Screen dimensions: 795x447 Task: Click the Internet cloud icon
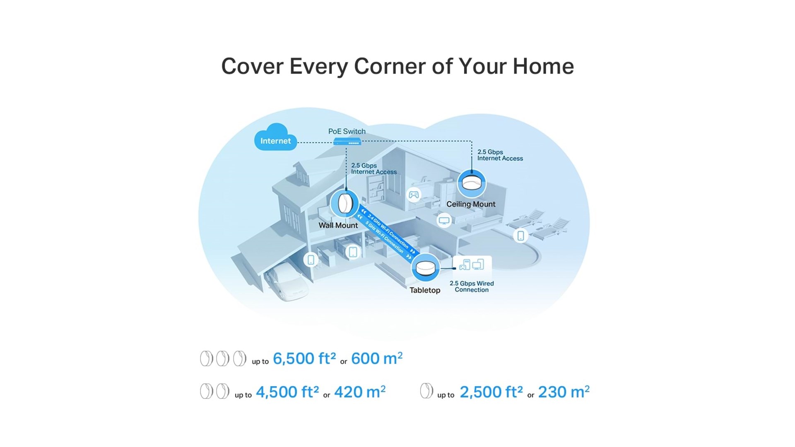point(275,137)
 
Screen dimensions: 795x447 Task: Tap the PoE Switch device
point(347,142)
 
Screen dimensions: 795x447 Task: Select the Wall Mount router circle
point(344,203)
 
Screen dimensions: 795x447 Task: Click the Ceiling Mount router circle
point(472,184)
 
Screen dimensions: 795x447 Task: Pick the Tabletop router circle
point(425,267)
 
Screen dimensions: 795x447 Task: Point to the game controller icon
point(414,194)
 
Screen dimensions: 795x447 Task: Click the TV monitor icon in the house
point(444,220)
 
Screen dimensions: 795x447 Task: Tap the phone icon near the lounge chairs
point(520,236)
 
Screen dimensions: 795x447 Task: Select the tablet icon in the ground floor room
point(353,252)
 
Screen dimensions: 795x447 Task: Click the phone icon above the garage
point(311,260)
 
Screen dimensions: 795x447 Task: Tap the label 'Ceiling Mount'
point(471,204)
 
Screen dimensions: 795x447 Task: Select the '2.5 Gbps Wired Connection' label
point(472,286)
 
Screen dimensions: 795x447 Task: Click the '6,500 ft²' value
point(304,358)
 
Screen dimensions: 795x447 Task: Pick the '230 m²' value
point(564,392)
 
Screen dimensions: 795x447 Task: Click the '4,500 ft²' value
point(287,392)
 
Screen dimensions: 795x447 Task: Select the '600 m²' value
point(377,358)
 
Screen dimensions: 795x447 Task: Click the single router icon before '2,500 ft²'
point(426,391)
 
